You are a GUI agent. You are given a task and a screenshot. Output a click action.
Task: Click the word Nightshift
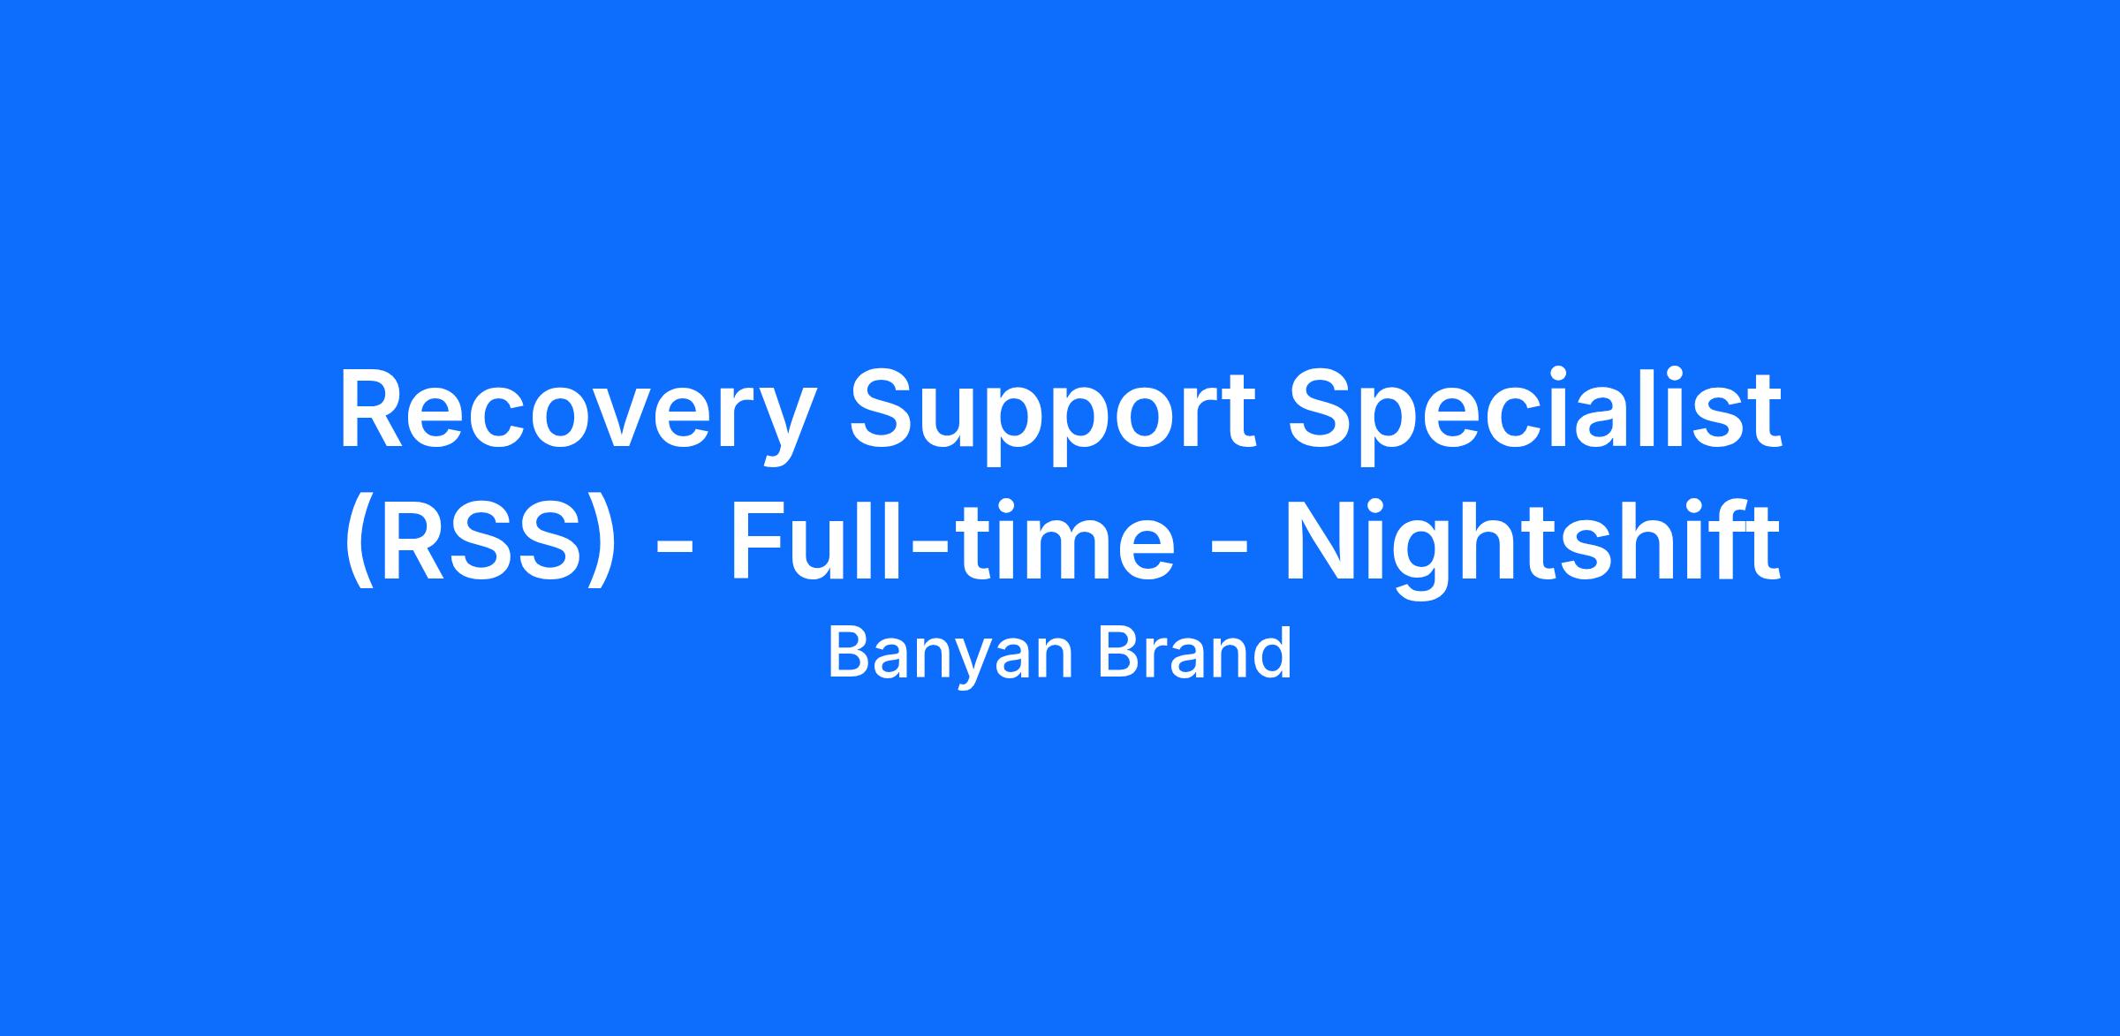(x=1531, y=548)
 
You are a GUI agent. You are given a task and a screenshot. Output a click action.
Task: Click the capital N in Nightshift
(x=1321, y=541)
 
